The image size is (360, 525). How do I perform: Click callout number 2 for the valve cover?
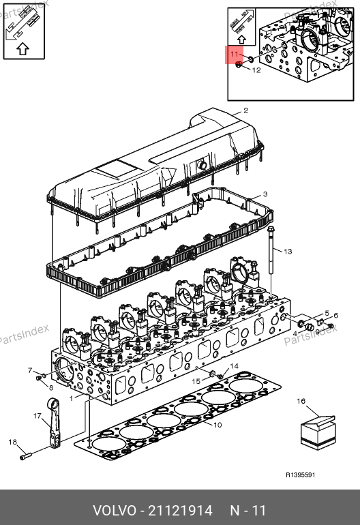(x=246, y=110)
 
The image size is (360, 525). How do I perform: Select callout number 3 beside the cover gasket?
(x=265, y=194)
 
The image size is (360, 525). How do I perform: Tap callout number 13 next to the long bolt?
(x=288, y=251)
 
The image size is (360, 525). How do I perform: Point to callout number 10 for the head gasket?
(x=217, y=425)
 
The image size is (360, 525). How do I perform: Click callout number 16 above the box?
(x=301, y=401)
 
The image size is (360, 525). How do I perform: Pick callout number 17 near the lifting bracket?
(x=37, y=415)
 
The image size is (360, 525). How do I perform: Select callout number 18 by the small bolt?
(x=12, y=442)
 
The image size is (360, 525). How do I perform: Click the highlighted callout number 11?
(x=234, y=54)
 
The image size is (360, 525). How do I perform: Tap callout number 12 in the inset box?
(x=256, y=70)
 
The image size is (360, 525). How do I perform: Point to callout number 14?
(x=234, y=366)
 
